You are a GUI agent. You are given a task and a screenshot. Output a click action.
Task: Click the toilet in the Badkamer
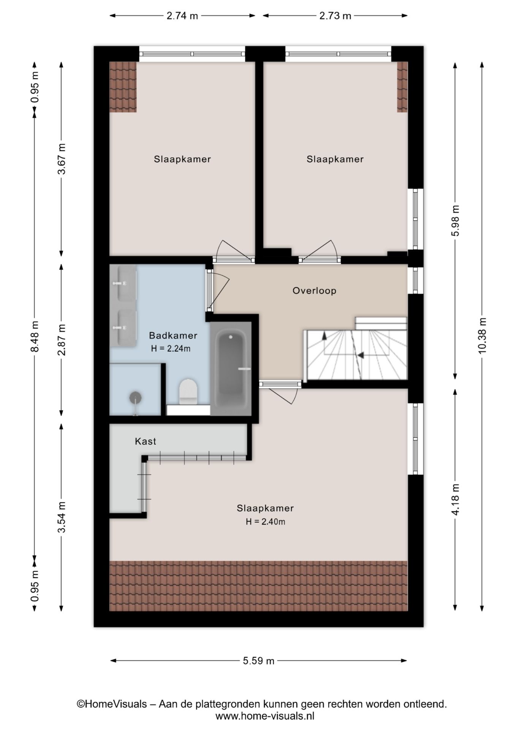point(188,391)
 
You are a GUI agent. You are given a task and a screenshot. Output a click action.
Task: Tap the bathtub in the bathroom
point(231,369)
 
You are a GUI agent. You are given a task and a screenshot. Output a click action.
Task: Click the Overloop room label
point(314,291)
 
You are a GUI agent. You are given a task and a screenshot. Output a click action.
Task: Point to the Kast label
point(146,441)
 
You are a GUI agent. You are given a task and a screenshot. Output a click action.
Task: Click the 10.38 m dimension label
point(482,335)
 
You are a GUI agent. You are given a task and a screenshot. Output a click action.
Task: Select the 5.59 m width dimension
point(258,661)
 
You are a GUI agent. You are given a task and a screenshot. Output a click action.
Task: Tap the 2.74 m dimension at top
point(182,16)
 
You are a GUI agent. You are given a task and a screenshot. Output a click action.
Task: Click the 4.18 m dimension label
point(455,500)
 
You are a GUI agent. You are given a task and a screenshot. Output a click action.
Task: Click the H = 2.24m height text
point(171,348)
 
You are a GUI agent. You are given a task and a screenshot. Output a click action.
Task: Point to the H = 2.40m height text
point(265,522)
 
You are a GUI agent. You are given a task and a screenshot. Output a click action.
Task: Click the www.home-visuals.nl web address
point(265,716)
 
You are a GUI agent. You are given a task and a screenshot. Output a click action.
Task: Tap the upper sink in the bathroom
point(122,283)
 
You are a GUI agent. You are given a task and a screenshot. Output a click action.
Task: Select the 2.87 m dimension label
point(62,339)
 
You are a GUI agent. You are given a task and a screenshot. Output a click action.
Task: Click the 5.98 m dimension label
point(455,221)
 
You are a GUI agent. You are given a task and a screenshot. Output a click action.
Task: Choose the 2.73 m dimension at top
point(335,16)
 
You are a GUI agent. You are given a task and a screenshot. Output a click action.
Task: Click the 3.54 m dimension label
point(62,517)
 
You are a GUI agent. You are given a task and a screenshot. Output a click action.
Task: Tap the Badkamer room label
point(173,336)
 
